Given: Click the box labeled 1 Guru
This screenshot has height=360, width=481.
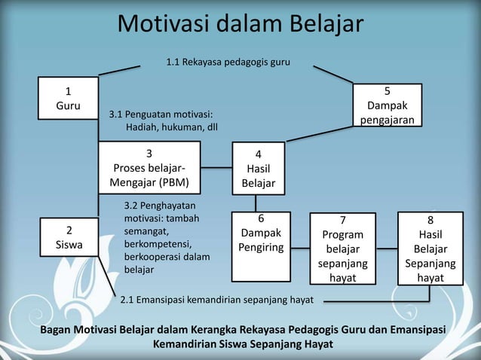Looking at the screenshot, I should tap(69, 98).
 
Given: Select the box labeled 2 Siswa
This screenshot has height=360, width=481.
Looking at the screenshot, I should tap(69, 237).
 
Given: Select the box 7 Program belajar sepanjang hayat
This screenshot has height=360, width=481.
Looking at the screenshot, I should tap(343, 249).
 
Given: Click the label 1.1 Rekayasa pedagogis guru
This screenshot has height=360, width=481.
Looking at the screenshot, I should tap(228, 61).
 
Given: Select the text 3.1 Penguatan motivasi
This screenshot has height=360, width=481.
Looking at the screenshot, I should tap(161, 114).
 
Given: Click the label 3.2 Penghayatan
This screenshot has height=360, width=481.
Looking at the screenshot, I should tap(159, 205).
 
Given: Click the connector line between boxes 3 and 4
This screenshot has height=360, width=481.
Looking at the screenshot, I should tap(216, 167).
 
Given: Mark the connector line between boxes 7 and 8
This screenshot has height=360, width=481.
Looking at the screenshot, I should tap(387, 248).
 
